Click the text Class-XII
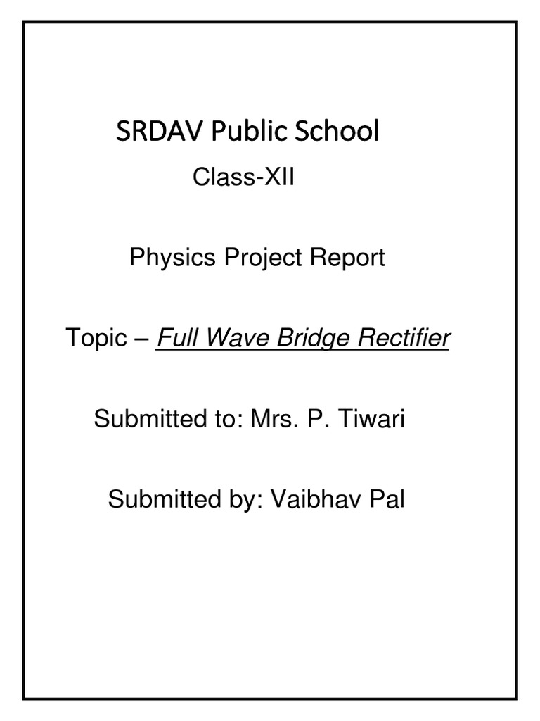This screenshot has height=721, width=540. [243, 178]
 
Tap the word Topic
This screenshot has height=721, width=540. [94, 339]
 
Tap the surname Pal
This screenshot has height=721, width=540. [387, 501]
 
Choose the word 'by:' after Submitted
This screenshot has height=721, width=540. [240, 501]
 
